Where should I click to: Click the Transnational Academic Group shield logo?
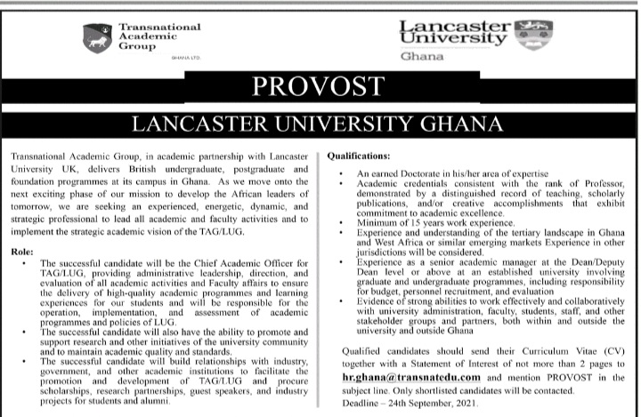click(x=97, y=37)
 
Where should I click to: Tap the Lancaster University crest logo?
click(x=538, y=33)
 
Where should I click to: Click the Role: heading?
click(x=24, y=253)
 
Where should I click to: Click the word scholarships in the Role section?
click(x=73, y=395)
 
